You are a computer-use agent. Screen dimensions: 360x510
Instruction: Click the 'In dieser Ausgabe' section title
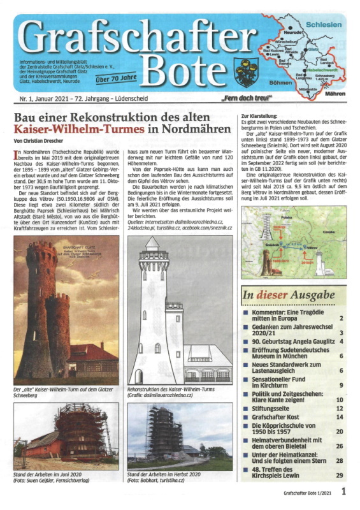tap(287, 296)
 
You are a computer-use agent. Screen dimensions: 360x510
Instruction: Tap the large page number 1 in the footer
tap(344, 492)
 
